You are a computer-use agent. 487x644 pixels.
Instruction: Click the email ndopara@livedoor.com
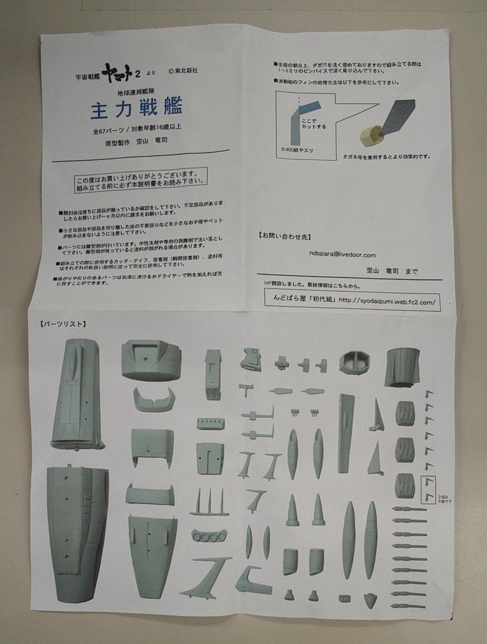[342, 255]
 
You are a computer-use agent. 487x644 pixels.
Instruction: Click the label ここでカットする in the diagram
[313, 124]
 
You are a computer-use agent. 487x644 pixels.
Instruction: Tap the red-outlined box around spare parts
[427, 489]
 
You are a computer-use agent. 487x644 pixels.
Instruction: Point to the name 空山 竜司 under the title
[152, 141]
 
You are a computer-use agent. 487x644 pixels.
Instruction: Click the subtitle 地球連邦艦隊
[136, 93]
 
